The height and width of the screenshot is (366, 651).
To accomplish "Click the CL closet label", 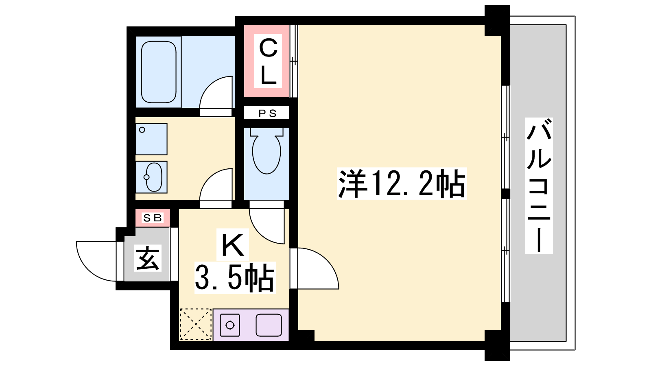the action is [268, 61].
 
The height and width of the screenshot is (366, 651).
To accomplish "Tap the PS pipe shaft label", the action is [267, 113].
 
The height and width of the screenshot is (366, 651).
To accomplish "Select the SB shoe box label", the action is [152, 218].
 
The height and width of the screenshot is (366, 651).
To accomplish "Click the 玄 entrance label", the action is [148, 258].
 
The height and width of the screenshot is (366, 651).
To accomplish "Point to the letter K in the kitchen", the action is [232, 244].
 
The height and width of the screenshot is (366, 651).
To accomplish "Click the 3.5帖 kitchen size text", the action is [234, 277].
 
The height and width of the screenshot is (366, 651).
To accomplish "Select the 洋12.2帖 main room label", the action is [402, 183].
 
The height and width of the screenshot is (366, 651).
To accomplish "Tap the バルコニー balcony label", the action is [539, 185].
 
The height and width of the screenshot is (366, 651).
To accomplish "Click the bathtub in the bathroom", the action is [159, 72].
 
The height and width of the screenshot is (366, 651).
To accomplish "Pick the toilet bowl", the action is [267, 151].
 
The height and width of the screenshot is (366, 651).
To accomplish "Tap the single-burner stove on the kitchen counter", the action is [230, 325].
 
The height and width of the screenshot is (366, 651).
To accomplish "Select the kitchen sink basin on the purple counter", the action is [269, 325].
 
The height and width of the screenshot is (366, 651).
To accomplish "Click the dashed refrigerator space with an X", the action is [196, 324].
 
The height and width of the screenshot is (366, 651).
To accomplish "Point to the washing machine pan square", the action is [151, 139].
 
